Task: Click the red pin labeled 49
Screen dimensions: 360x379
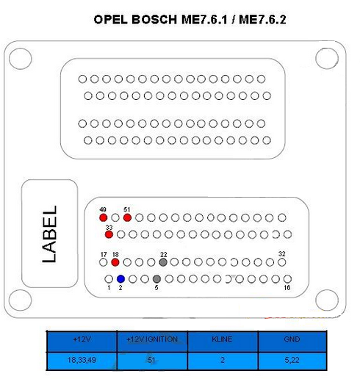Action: tap(104, 217)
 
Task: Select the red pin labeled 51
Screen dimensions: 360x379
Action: tap(127, 217)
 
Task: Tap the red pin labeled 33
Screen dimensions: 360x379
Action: tap(109, 234)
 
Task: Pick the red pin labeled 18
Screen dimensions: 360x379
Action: tap(115, 262)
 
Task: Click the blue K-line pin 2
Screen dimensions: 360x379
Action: tap(120, 279)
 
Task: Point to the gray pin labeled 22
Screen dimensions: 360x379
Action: tap(163, 262)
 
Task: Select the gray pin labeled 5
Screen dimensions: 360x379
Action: tap(156, 279)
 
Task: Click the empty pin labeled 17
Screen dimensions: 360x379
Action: tap(104, 262)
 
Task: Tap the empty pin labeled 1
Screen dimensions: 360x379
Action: tap(109, 279)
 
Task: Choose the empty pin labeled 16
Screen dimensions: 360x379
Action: tap(287, 279)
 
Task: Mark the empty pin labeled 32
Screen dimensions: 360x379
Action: tap(282, 262)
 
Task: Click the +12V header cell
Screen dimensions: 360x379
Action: tap(82, 342)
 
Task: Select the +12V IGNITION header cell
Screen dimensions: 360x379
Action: tap(152, 342)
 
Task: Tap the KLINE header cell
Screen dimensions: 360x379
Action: tap(223, 342)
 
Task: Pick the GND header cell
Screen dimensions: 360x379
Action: tap(292, 342)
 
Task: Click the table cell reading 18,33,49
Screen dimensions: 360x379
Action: tap(82, 361)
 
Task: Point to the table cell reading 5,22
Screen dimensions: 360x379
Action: tap(292, 361)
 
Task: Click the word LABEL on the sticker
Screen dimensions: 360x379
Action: tap(49, 234)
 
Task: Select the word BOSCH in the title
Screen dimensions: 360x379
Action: tap(154, 20)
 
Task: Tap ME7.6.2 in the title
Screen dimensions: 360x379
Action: tap(262, 20)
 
